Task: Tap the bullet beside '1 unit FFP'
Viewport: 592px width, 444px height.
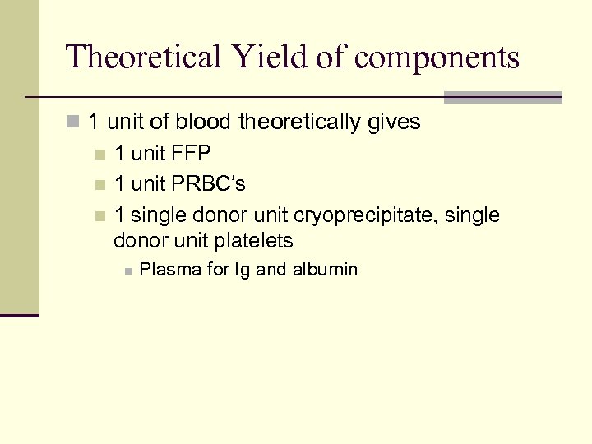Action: click(100, 154)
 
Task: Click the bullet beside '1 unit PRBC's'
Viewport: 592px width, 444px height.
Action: click(100, 184)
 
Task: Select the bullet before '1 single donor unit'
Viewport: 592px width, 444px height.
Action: click(100, 215)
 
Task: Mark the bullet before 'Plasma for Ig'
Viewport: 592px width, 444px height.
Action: click(127, 270)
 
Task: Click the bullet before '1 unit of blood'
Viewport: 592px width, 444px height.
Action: click(73, 123)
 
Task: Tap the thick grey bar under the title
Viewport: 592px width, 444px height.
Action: click(502, 96)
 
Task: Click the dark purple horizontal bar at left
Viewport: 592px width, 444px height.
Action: click(20, 315)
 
